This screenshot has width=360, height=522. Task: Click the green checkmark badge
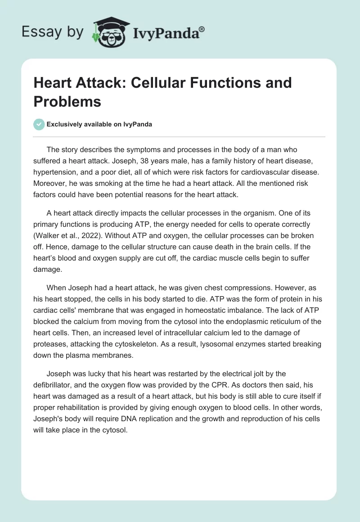(x=39, y=124)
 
